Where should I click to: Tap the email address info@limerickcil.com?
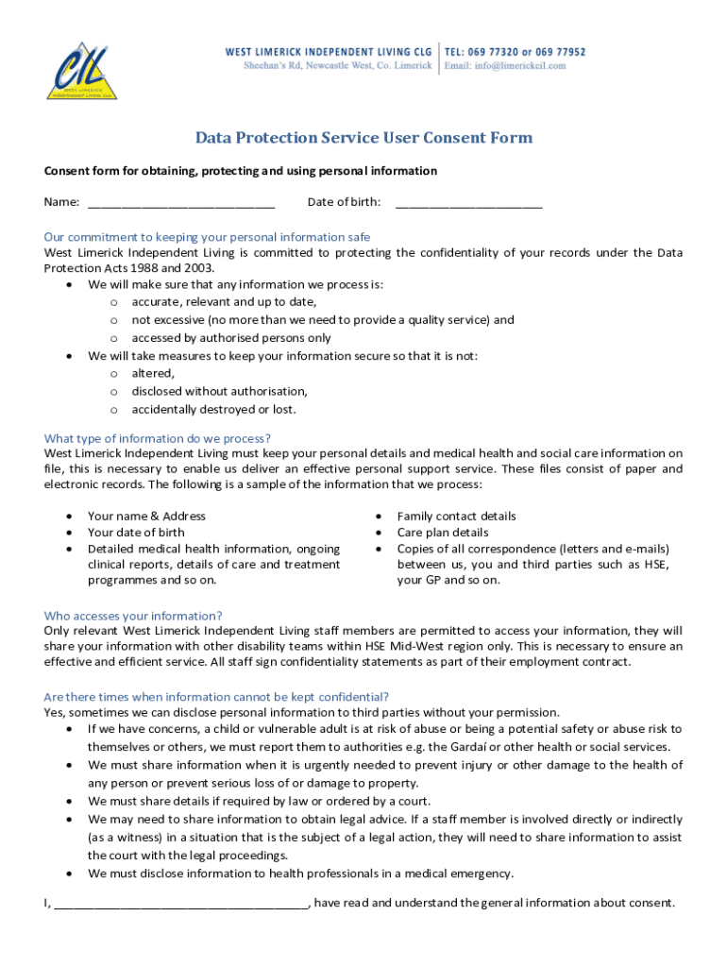[x=506, y=65]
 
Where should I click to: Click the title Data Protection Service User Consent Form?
[x=363, y=138]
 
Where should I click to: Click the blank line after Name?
[x=181, y=201]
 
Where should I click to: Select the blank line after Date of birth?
[x=468, y=201]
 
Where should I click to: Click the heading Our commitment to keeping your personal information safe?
[x=207, y=237]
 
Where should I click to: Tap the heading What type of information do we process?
[x=158, y=438]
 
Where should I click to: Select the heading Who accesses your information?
[x=133, y=616]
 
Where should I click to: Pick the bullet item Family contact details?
[x=456, y=517]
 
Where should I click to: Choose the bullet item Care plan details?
[x=443, y=533]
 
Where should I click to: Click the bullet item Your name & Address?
[x=146, y=517]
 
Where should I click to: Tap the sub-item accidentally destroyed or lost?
[x=213, y=410]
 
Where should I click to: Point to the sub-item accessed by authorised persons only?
[x=230, y=338]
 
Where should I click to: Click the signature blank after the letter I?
[x=180, y=903]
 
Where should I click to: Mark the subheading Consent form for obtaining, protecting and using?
[x=240, y=171]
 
